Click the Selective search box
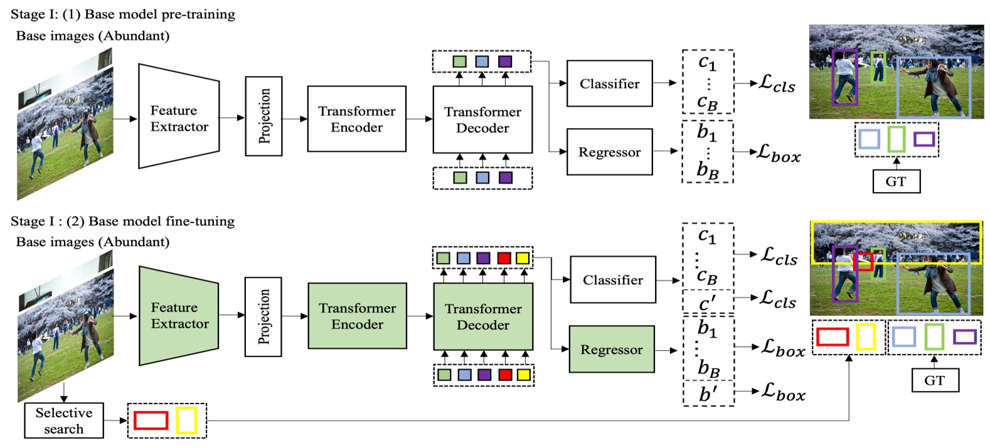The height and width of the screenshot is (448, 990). (64, 420)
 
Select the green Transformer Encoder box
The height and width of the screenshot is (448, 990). (357, 316)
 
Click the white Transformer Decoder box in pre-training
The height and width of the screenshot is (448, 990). (482, 119)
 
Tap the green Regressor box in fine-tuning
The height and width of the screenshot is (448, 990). (611, 349)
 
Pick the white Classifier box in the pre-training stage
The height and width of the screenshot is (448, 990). (609, 83)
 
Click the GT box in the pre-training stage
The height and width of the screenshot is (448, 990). (896, 181)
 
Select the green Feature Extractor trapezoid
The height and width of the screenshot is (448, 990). (179, 316)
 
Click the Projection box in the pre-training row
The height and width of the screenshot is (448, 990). (263, 116)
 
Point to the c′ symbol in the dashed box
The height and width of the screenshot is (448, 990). (707, 303)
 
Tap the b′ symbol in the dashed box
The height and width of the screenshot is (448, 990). (708, 395)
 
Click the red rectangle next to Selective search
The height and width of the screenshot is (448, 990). (151, 420)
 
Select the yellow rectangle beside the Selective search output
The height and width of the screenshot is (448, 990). (186, 420)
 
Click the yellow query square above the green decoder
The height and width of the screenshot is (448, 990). (522, 258)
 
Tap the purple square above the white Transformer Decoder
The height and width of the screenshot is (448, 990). (504, 61)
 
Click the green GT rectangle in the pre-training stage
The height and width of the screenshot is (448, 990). (896, 139)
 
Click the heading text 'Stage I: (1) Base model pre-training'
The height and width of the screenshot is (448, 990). (123, 14)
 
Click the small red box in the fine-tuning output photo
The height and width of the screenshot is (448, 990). (863, 262)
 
